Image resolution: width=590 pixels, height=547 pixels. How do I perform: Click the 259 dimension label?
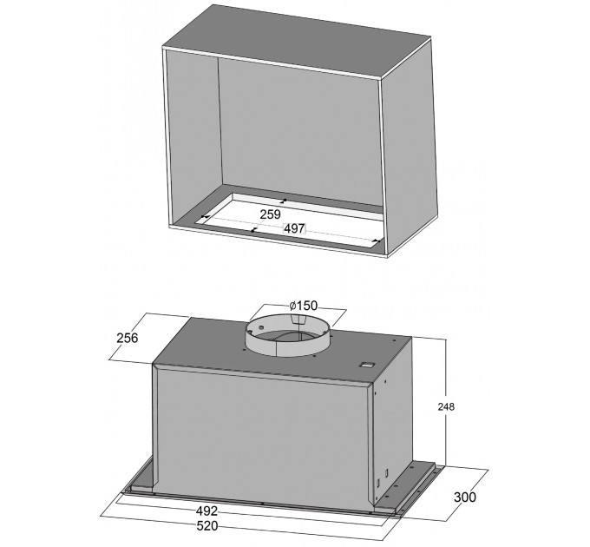[x=270, y=214]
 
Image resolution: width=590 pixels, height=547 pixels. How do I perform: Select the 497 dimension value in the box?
[x=294, y=228]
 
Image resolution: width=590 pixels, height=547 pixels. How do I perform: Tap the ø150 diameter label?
[x=304, y=306]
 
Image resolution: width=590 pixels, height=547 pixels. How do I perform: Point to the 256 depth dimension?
[x=128, y=338]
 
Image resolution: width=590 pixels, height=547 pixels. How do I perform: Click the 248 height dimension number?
[x=446, y=406]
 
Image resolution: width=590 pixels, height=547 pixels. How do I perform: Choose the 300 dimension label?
[x=465, y=497]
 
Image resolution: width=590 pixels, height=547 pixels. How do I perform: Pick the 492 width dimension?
[x=206, y=511]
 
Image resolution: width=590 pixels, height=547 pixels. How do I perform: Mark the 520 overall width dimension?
[x=207, y=525]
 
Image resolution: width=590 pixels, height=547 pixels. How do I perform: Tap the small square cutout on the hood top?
[x=366, y=365]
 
